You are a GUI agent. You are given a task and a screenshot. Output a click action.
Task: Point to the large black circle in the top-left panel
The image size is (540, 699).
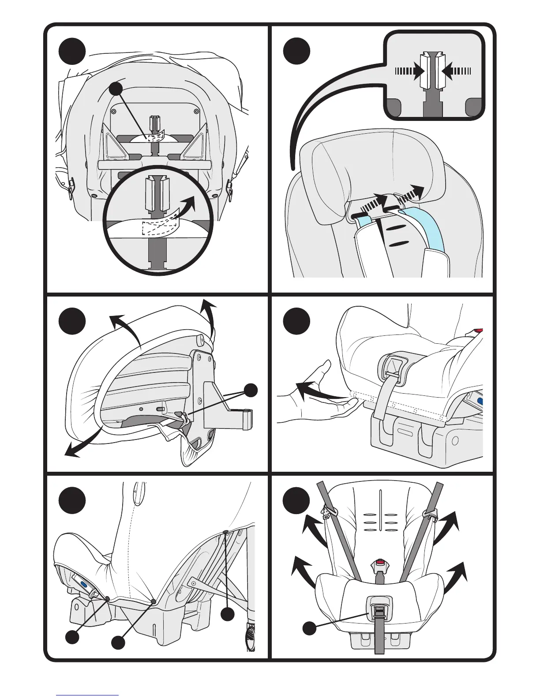pyautogui.click(x=72, y=52)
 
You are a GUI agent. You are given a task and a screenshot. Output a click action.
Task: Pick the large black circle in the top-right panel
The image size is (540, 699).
pyautogui.click(x=296, y=52)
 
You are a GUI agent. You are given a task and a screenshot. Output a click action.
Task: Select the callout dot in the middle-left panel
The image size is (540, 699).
pyautogui.click(x=251, y=390)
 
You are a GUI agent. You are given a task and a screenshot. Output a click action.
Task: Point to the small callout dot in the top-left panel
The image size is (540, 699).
pyautogui.click(x=116, y=89)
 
